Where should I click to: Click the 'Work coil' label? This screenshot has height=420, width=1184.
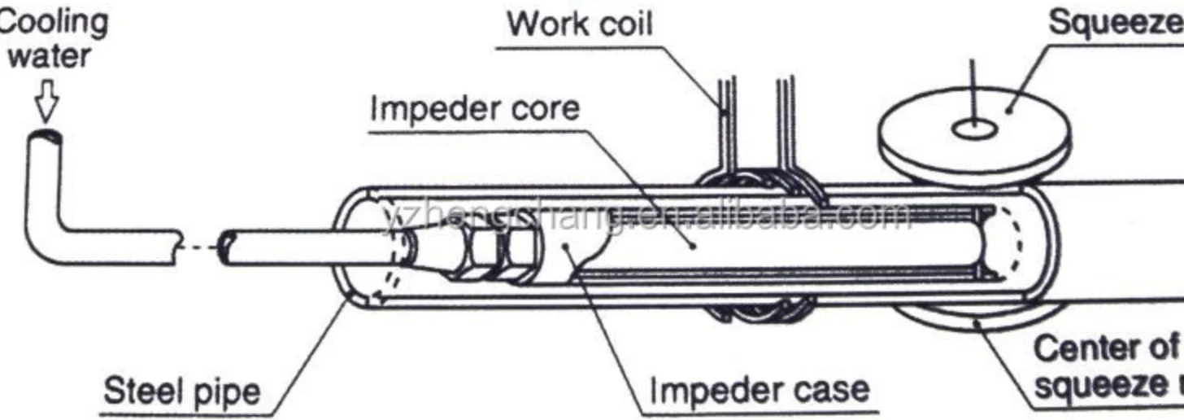click(579, 24)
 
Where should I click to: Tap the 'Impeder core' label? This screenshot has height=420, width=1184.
click(475, 107)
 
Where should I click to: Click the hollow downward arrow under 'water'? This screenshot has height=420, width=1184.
click(46, 101)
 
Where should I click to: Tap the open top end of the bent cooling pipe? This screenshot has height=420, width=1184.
click(46, 138)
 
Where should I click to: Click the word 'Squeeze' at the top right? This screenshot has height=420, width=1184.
click(1115, 23)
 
